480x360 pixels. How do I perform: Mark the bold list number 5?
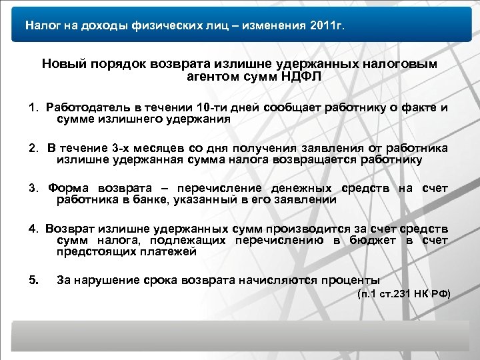click(x=33, y=279)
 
